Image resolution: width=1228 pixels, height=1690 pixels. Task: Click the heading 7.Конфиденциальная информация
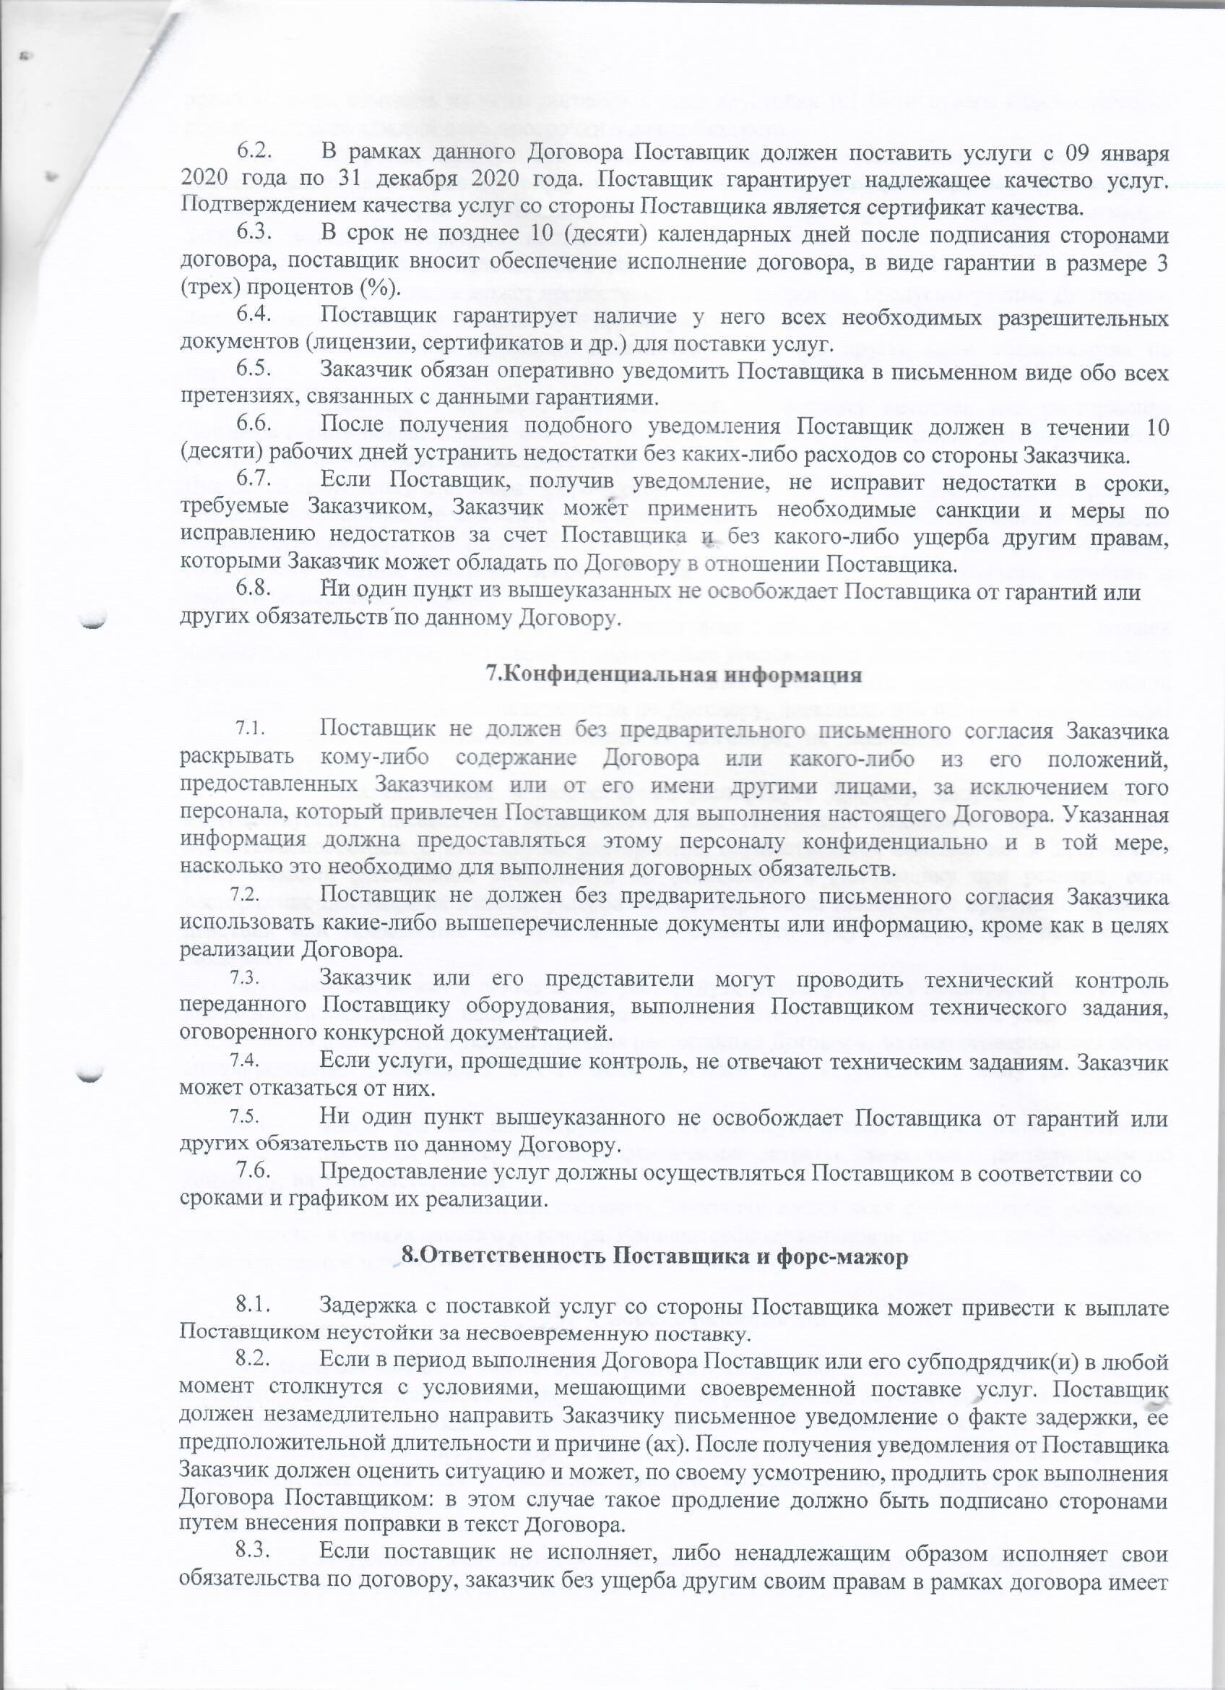pos(674,675)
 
